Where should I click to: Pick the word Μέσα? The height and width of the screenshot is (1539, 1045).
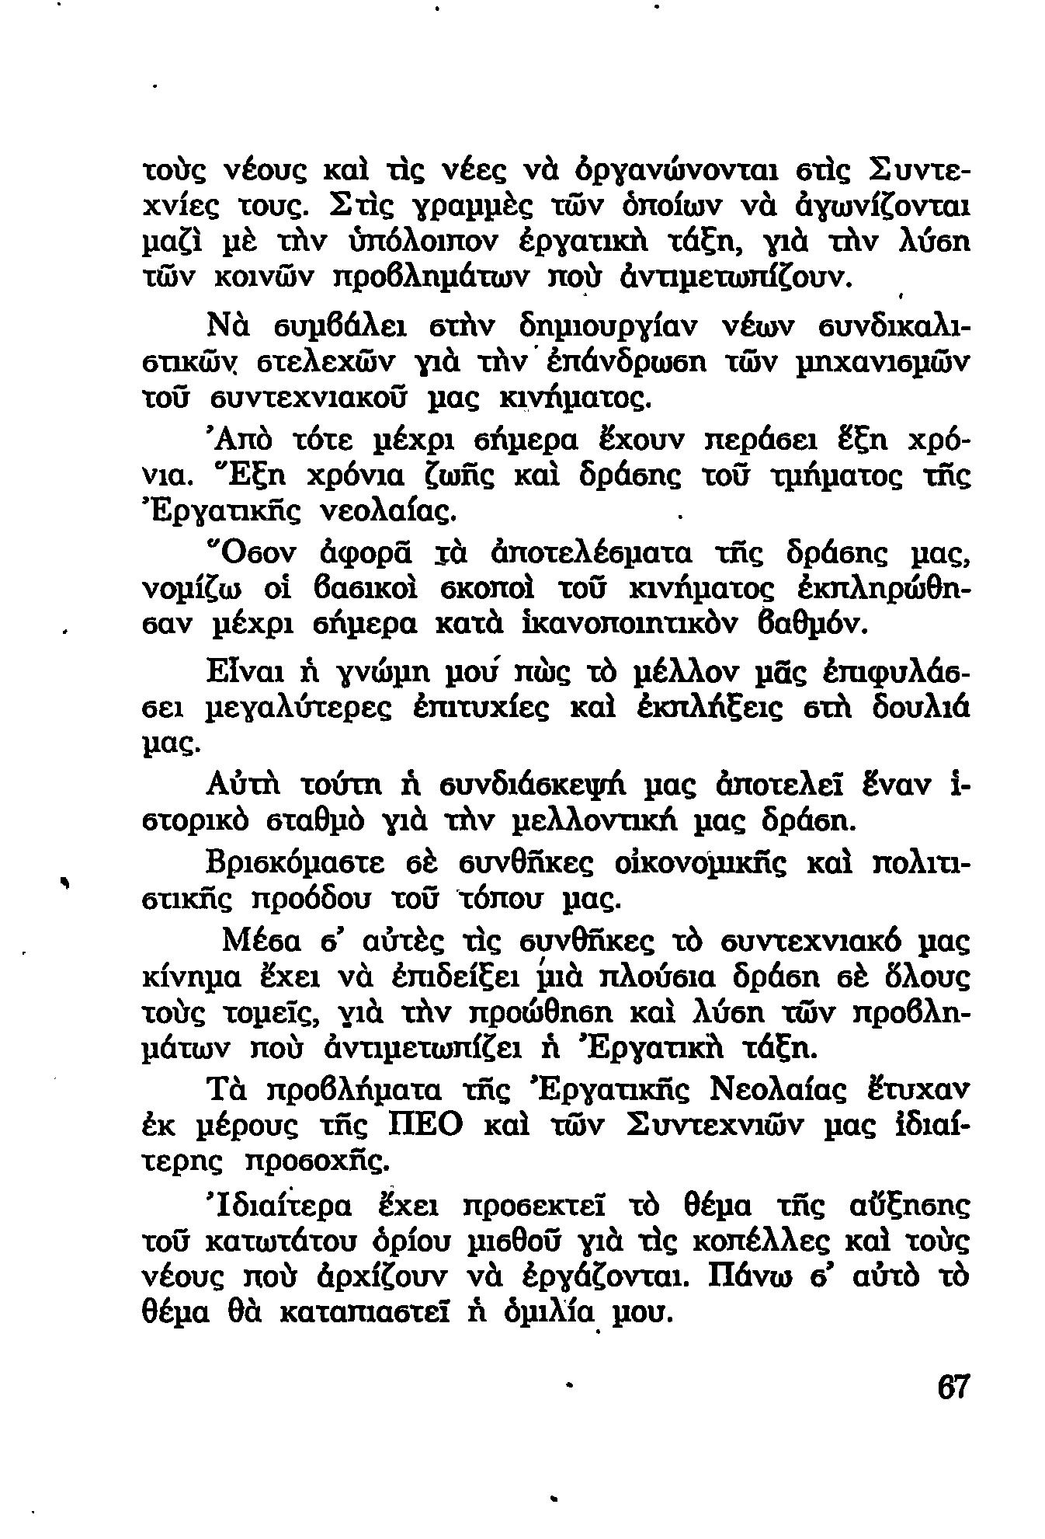256,942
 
